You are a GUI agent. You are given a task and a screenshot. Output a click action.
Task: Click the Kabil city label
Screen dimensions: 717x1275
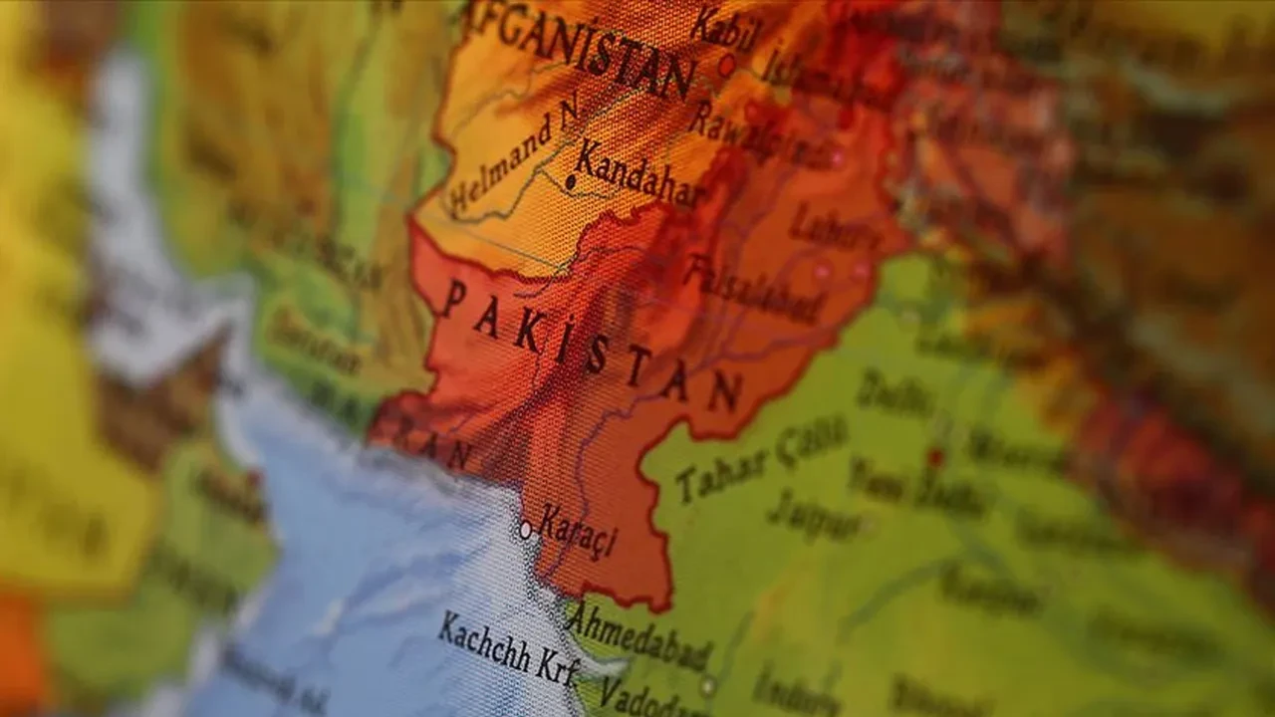coord(724,27)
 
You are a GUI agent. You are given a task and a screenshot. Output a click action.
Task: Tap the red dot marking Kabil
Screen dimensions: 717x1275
coord(726,66)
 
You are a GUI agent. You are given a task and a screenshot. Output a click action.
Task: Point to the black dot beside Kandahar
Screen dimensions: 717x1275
coord(571,182)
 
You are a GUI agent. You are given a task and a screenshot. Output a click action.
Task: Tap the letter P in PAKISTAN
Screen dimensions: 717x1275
coord(453,297)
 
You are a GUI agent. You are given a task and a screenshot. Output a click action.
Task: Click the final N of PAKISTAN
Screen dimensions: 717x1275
coord(724,392)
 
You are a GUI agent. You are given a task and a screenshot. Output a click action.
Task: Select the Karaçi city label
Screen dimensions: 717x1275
coord(577,532)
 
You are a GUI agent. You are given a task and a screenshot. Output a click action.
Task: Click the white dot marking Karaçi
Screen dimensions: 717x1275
coord(525,530)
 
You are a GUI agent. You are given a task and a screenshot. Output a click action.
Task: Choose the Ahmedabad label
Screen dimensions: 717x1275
coord(637,635)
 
